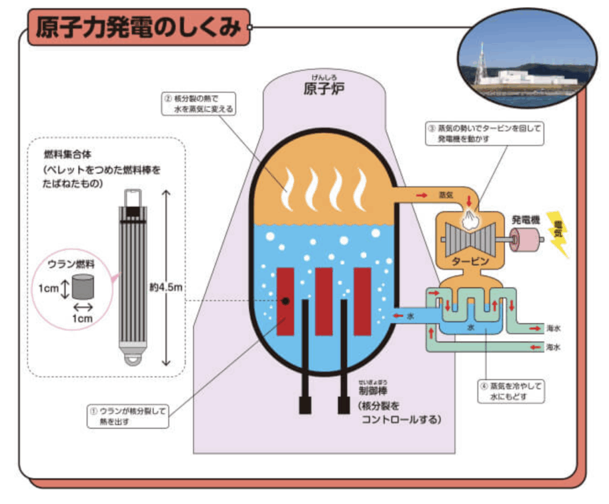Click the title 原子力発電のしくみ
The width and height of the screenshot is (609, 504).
(138, 27)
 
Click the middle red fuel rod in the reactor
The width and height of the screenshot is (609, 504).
(324, 300)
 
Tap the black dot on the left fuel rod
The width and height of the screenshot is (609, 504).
(285, 301)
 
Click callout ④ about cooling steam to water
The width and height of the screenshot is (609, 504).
(511, 391)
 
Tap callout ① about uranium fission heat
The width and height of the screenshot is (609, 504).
(127, 415)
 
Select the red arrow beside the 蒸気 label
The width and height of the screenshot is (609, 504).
(422, 195)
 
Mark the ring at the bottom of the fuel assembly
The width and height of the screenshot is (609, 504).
(131, 359)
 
